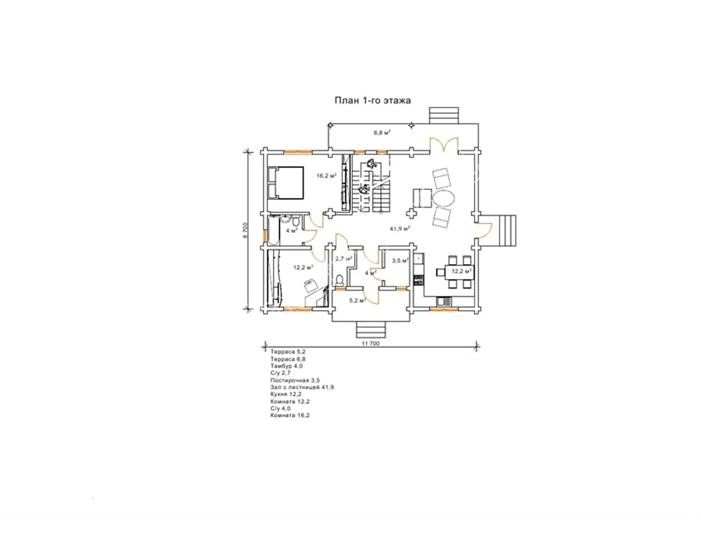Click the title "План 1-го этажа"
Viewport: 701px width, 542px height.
click(x=373, y=101)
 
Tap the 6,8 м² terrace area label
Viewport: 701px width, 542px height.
click(x=382, y=133)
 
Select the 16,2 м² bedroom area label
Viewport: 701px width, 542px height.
click(x=326, y=176)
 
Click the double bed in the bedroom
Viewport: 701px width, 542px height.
click(x=285, y=183)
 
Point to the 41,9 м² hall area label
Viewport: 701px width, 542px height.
click(x=400, y=229)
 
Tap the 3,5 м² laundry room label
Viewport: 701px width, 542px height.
click(x=400, y=261)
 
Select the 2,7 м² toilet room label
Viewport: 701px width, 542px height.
click(x=343, y=259)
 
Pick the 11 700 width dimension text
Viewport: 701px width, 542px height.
click(x=371, y=343)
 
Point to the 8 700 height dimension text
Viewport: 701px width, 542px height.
click(x=245, y=230)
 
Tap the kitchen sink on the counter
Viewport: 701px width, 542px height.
click(x=444, y=302)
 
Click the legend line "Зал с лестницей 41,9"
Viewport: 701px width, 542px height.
click(x=302, y=387)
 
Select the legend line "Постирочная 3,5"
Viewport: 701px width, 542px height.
click(x=295, y=380)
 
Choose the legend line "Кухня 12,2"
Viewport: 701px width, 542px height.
click(x=286, y=394)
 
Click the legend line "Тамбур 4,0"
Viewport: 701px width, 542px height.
click(x=286, y=366)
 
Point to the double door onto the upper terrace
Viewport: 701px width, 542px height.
click(x=444, y=144)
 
